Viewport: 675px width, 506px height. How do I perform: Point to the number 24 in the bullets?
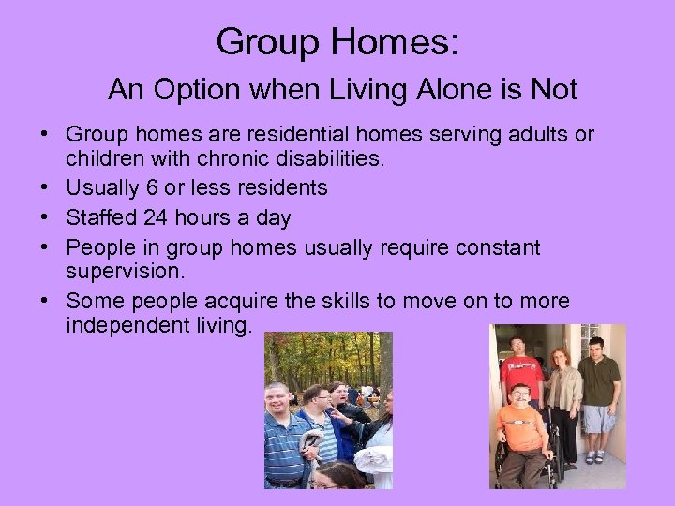pos(157,217)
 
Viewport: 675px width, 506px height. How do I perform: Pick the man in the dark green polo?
pos(598,394)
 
